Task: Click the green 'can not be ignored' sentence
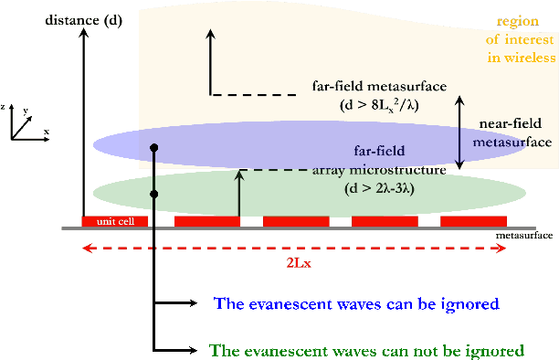(x=366, y=350)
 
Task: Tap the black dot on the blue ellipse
(x=155, y=147)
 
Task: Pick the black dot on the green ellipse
(x=155, y=194)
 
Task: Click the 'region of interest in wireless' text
(x=523, y=39)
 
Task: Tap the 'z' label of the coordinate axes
(x=5, y=107)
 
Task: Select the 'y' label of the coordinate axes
(x=27, y=110)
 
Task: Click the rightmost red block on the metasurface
(x=473, y=222)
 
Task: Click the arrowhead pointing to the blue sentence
(x=191, y=303)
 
